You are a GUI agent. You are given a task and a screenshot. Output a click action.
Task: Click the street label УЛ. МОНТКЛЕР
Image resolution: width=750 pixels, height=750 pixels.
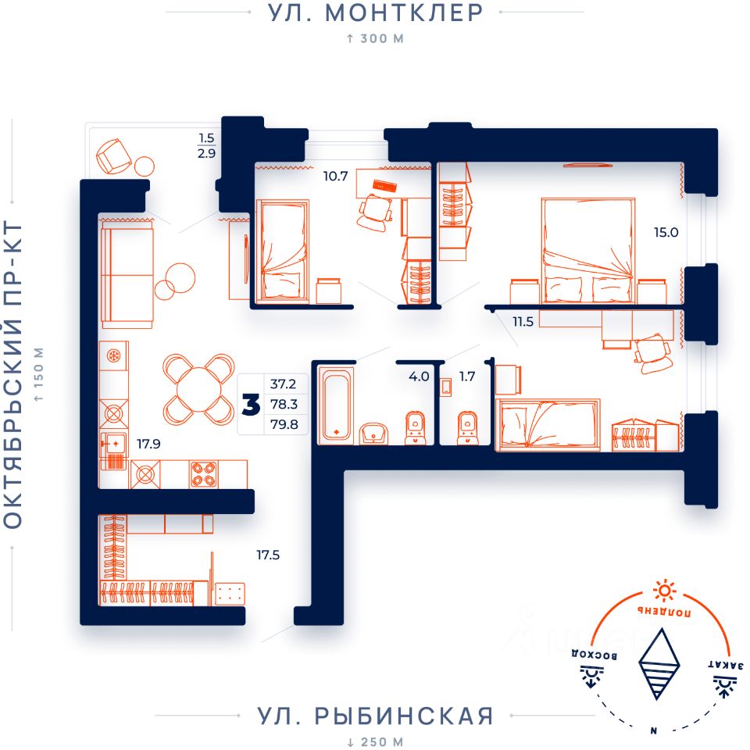pos(375,13)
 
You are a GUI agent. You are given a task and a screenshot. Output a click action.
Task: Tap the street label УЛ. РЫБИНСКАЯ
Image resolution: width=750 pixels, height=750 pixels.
pos(375,716)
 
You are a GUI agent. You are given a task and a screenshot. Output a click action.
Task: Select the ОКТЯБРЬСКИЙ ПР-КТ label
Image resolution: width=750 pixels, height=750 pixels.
pos(13,374)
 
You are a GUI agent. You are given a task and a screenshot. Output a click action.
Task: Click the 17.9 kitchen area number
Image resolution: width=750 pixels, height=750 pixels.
pos(148,444)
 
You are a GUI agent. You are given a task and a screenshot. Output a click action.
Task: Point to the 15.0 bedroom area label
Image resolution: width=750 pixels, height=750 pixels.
pos(666,233)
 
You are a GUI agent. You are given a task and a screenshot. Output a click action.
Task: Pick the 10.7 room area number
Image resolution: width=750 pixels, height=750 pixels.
pos(335,176)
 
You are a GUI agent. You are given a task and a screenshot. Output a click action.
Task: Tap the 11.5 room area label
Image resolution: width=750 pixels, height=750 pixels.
pos(523,321)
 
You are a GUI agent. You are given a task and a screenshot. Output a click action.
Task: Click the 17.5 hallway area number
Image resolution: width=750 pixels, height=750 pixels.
pos(268,555)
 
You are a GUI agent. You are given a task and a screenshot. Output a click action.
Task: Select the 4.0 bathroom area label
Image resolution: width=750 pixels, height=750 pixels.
pos(419,377)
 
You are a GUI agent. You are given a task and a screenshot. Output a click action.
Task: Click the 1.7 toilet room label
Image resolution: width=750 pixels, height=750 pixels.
pos(467,377)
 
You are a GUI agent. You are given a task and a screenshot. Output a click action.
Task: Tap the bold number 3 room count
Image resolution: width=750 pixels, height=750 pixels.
pos(251,405)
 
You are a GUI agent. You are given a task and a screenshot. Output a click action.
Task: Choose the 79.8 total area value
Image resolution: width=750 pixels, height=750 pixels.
pos(284,424)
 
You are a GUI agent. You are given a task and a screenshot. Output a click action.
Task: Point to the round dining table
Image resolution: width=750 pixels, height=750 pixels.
pos(198,389)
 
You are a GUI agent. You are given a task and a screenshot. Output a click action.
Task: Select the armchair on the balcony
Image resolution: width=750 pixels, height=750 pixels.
pos(114,156)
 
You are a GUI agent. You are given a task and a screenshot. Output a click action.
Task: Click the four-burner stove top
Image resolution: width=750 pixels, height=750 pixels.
pos(204,474)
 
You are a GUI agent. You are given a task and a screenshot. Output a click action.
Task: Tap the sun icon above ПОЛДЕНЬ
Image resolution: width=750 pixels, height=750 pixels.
pos(664,591)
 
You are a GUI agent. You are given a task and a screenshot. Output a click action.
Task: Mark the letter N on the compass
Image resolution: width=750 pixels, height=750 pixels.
pos(653,730)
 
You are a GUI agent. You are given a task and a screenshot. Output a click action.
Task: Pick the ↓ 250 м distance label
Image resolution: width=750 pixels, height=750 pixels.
pos(375,742)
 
